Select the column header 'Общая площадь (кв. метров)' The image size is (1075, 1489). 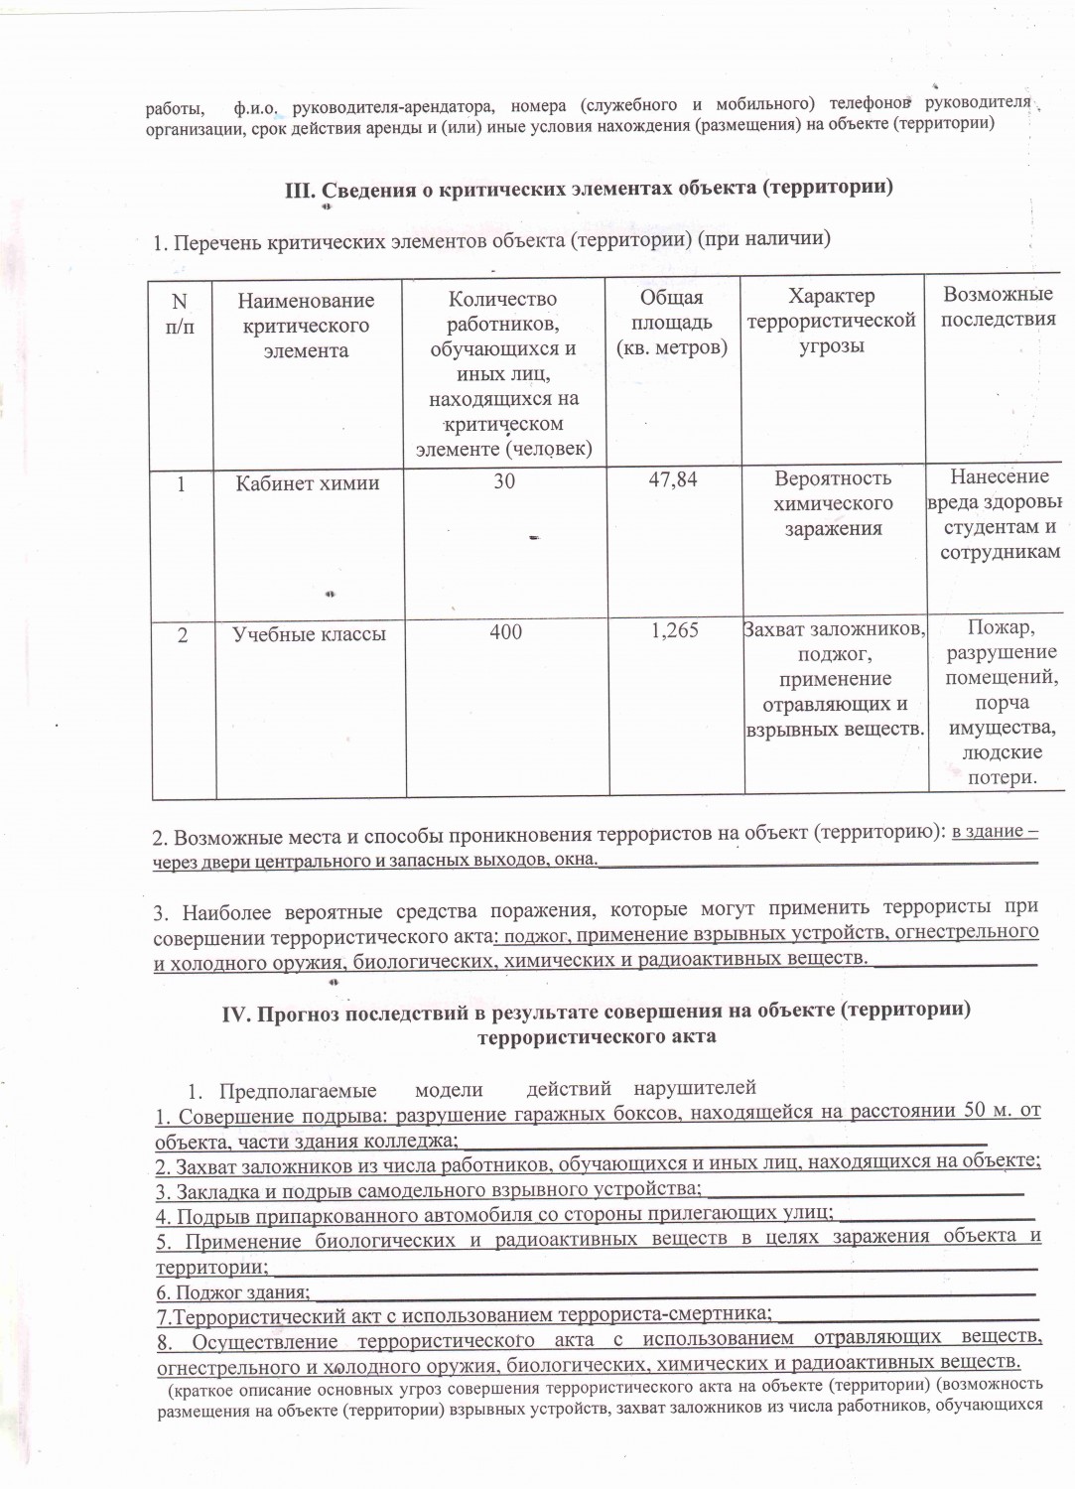click(671, 322)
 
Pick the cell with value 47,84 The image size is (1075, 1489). click(672, 479)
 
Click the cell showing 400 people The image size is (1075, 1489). click(505, 631)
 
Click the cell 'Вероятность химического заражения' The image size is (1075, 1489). click(833, 503)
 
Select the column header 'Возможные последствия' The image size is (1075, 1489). click(998, 307)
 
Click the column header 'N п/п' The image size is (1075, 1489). click(179, 313)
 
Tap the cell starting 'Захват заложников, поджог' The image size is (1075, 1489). click(834, 679)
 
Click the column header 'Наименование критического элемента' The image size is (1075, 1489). click(307, 325)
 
